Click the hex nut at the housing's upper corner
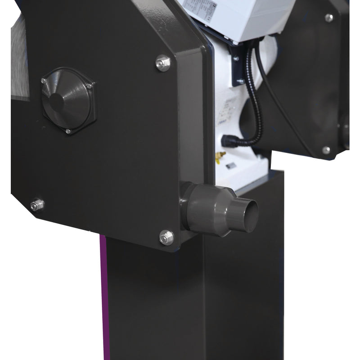(163, 63)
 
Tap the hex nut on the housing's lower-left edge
(37, 205)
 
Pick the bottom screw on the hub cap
(68, 131)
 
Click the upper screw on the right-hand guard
(329, 18)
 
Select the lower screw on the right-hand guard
(326, 150)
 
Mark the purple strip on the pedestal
(103, 297)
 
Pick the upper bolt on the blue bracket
(235, 58)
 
